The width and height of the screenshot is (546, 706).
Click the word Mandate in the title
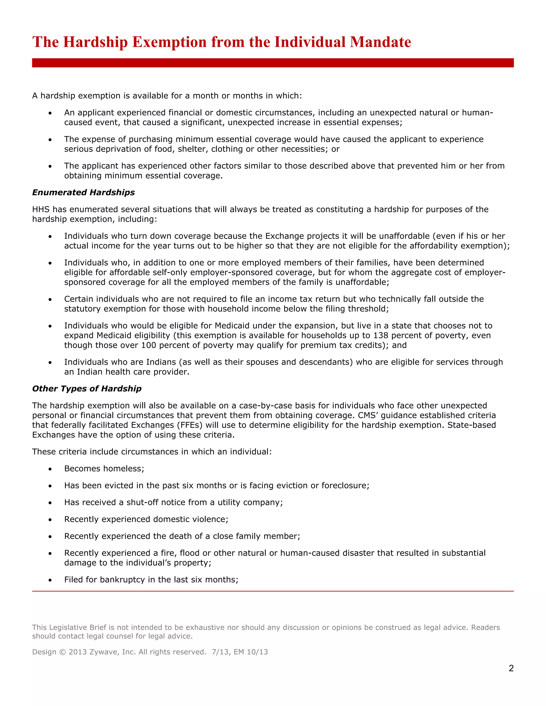[x=380, y=42]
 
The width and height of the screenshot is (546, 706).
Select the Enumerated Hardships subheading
[x=83, y=192]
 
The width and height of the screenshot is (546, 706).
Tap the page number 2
[x=511, y=668]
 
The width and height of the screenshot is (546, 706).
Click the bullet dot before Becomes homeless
[x=50, y=469]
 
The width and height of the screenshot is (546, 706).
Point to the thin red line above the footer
[x=273, y=591]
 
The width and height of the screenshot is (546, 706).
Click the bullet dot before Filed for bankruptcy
[x=50, y=580]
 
